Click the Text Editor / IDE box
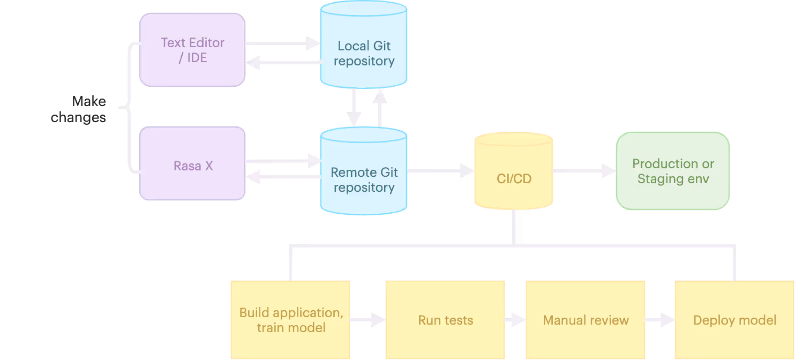tap(192, 50)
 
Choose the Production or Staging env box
tap(673, 171)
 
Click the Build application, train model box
tap(290, 320)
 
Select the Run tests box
tap(445, 320)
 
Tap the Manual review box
tap(586, 320)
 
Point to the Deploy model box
tap(734, 320)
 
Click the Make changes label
tap(79, 109)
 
